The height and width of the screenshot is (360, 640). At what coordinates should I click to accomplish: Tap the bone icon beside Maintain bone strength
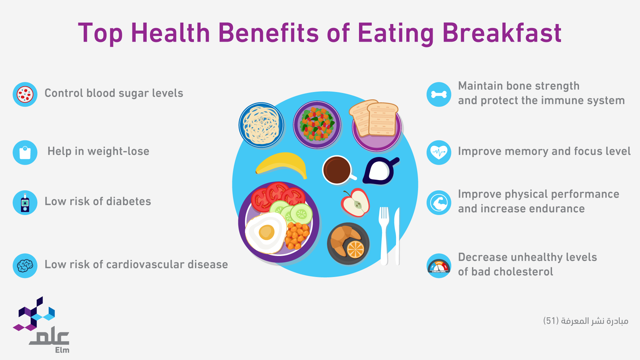[x=439, y=95]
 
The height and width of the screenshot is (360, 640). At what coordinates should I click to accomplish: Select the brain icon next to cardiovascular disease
[x=25, y=266]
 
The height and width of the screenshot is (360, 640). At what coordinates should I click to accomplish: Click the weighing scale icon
[x=25, y=153]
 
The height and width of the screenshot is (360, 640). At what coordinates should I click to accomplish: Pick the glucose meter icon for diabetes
[x=25, y=203]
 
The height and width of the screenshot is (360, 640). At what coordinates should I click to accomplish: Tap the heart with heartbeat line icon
[x=439, y=153]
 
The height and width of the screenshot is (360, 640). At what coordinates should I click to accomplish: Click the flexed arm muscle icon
[x=439, y=203]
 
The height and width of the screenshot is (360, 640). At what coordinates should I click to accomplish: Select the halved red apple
[x=355, y=202]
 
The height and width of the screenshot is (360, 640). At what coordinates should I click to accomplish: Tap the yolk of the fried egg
[x=266, y=232]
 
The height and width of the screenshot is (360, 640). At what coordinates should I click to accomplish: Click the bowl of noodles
[x=261, y=125]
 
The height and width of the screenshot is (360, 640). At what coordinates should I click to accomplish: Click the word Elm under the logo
[x=62, y=350]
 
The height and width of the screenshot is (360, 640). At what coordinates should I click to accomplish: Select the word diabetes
[x=129, y=201]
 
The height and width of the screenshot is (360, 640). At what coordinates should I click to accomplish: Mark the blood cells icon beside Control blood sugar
[x=25, y=95]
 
